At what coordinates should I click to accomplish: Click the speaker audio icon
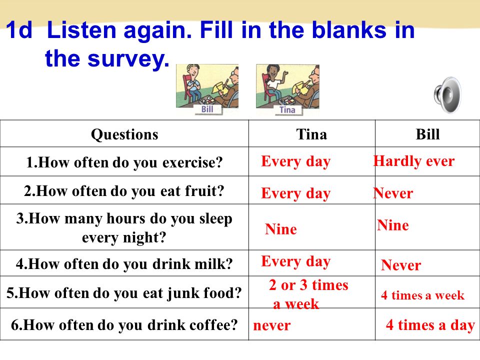[x=447, y=95]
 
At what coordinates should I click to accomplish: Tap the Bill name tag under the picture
[x=207, y=109]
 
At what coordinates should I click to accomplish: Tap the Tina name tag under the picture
[x=287, y=109]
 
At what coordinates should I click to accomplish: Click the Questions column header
[x=124, y=134]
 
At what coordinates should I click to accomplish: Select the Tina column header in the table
[x=311, y=134]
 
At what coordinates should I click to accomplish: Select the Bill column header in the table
[x=427, y=134]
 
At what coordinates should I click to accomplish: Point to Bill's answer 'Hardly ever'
[x=414, y=161]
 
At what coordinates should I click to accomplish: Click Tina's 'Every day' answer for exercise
[x=295, y=161]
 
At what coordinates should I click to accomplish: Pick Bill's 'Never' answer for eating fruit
[x=393, y=193]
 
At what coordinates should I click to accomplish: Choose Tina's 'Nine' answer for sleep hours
[x=281, y=229]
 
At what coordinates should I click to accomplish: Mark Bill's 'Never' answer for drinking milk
[x=401, y=265]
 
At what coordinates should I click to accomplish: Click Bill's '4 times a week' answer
[x=423, y=295]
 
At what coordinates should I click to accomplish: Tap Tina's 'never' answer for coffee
[x=272, y=325]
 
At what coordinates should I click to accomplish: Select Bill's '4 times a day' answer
[x=430, y=325]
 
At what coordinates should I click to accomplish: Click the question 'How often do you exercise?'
[x=124, y=162]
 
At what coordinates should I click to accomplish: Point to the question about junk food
[x=124, y=293]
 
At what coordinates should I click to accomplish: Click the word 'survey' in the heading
[x=128, y=59]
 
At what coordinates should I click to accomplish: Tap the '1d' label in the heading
[x=18, y=30]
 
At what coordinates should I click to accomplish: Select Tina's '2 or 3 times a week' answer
[x=308, y=294]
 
